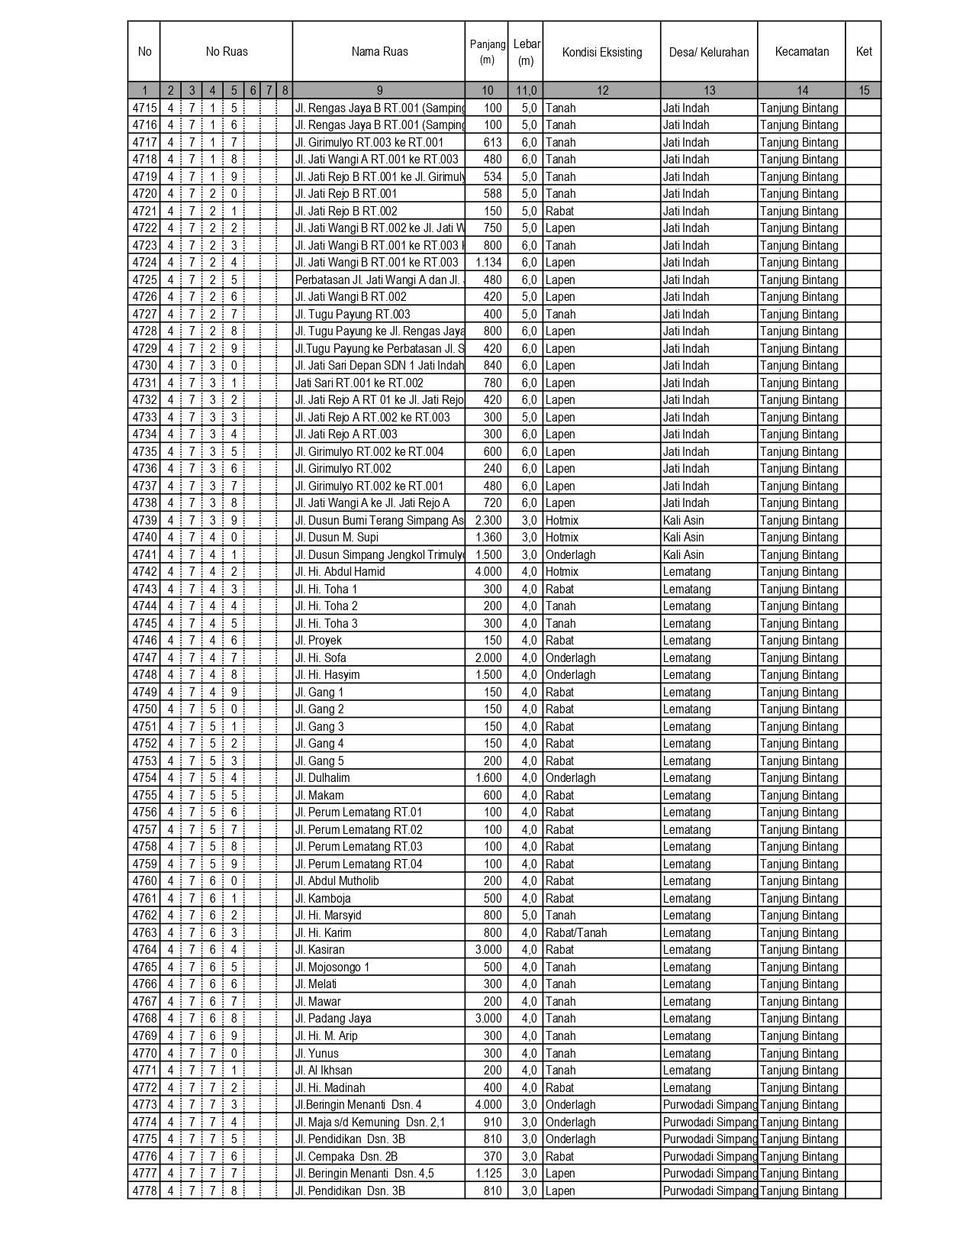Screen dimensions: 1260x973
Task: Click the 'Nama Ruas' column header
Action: click(379, 52)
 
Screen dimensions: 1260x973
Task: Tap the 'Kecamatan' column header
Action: click(801, 52)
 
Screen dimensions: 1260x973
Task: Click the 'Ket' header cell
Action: click(863, 52)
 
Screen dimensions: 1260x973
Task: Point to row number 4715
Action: click(144, 108)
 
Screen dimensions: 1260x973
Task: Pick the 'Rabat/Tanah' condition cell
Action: click(576, 933)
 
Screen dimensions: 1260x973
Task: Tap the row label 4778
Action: click(144, 1191)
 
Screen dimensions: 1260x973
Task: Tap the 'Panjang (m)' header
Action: click(487, 52)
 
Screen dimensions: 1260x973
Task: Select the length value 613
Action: click(492, 143)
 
